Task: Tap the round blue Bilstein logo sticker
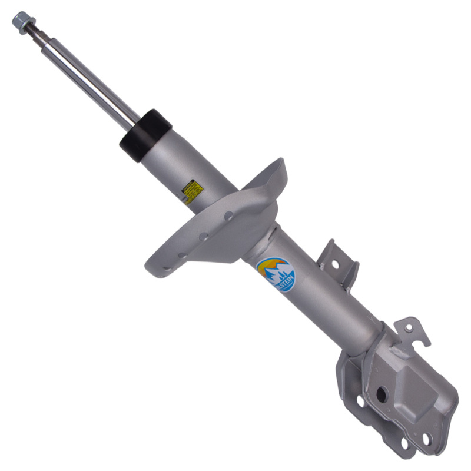pos(276,275)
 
